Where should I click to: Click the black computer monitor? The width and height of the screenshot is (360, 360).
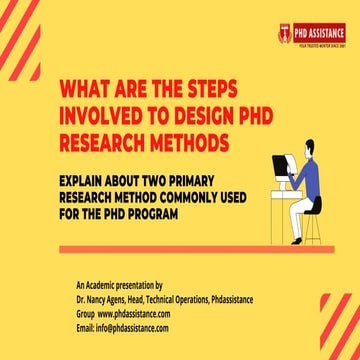pyautogui.click(x=279, y=166)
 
